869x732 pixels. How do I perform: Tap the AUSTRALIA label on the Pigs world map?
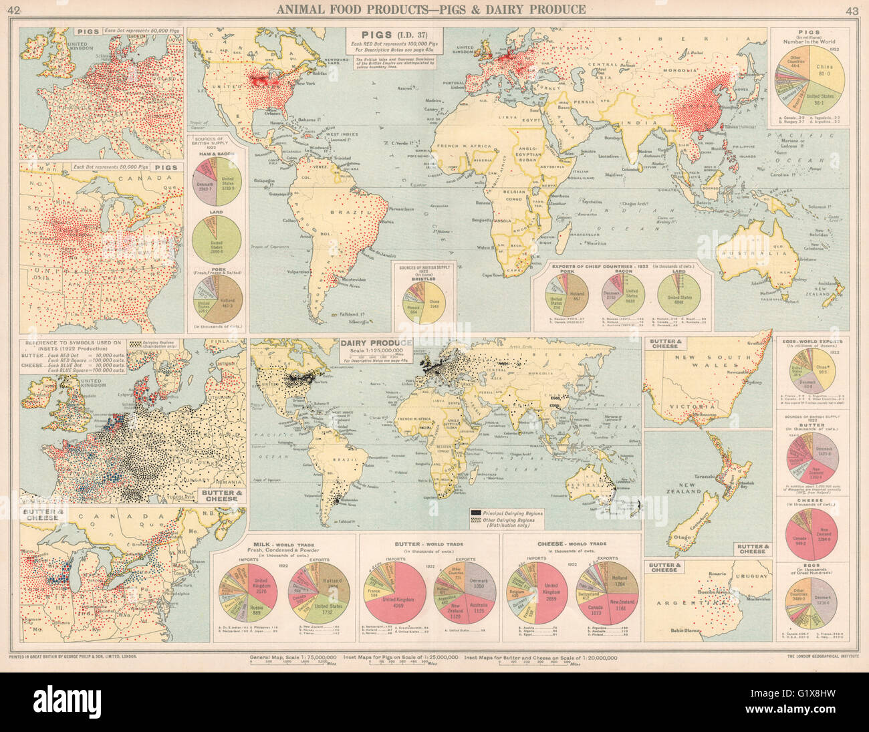tap(762, 255)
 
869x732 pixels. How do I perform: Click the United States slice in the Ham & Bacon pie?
tap(228, 182)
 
